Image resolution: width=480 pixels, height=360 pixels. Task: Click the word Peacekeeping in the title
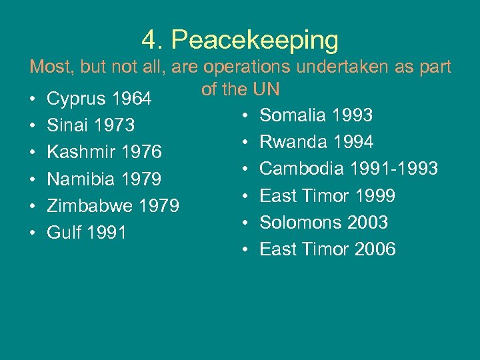pyautogui.click(x=255, y=41)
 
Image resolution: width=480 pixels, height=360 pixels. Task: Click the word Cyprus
pyautogui.click(x=77, y=99)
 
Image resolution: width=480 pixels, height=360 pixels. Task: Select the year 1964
pyautogui.click(x=133, y=99)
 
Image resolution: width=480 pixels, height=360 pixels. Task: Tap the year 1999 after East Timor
pyautogui.click(x=375, y=195)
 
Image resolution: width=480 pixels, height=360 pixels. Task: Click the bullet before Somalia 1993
pyautogui.click(x=246, y=116)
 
